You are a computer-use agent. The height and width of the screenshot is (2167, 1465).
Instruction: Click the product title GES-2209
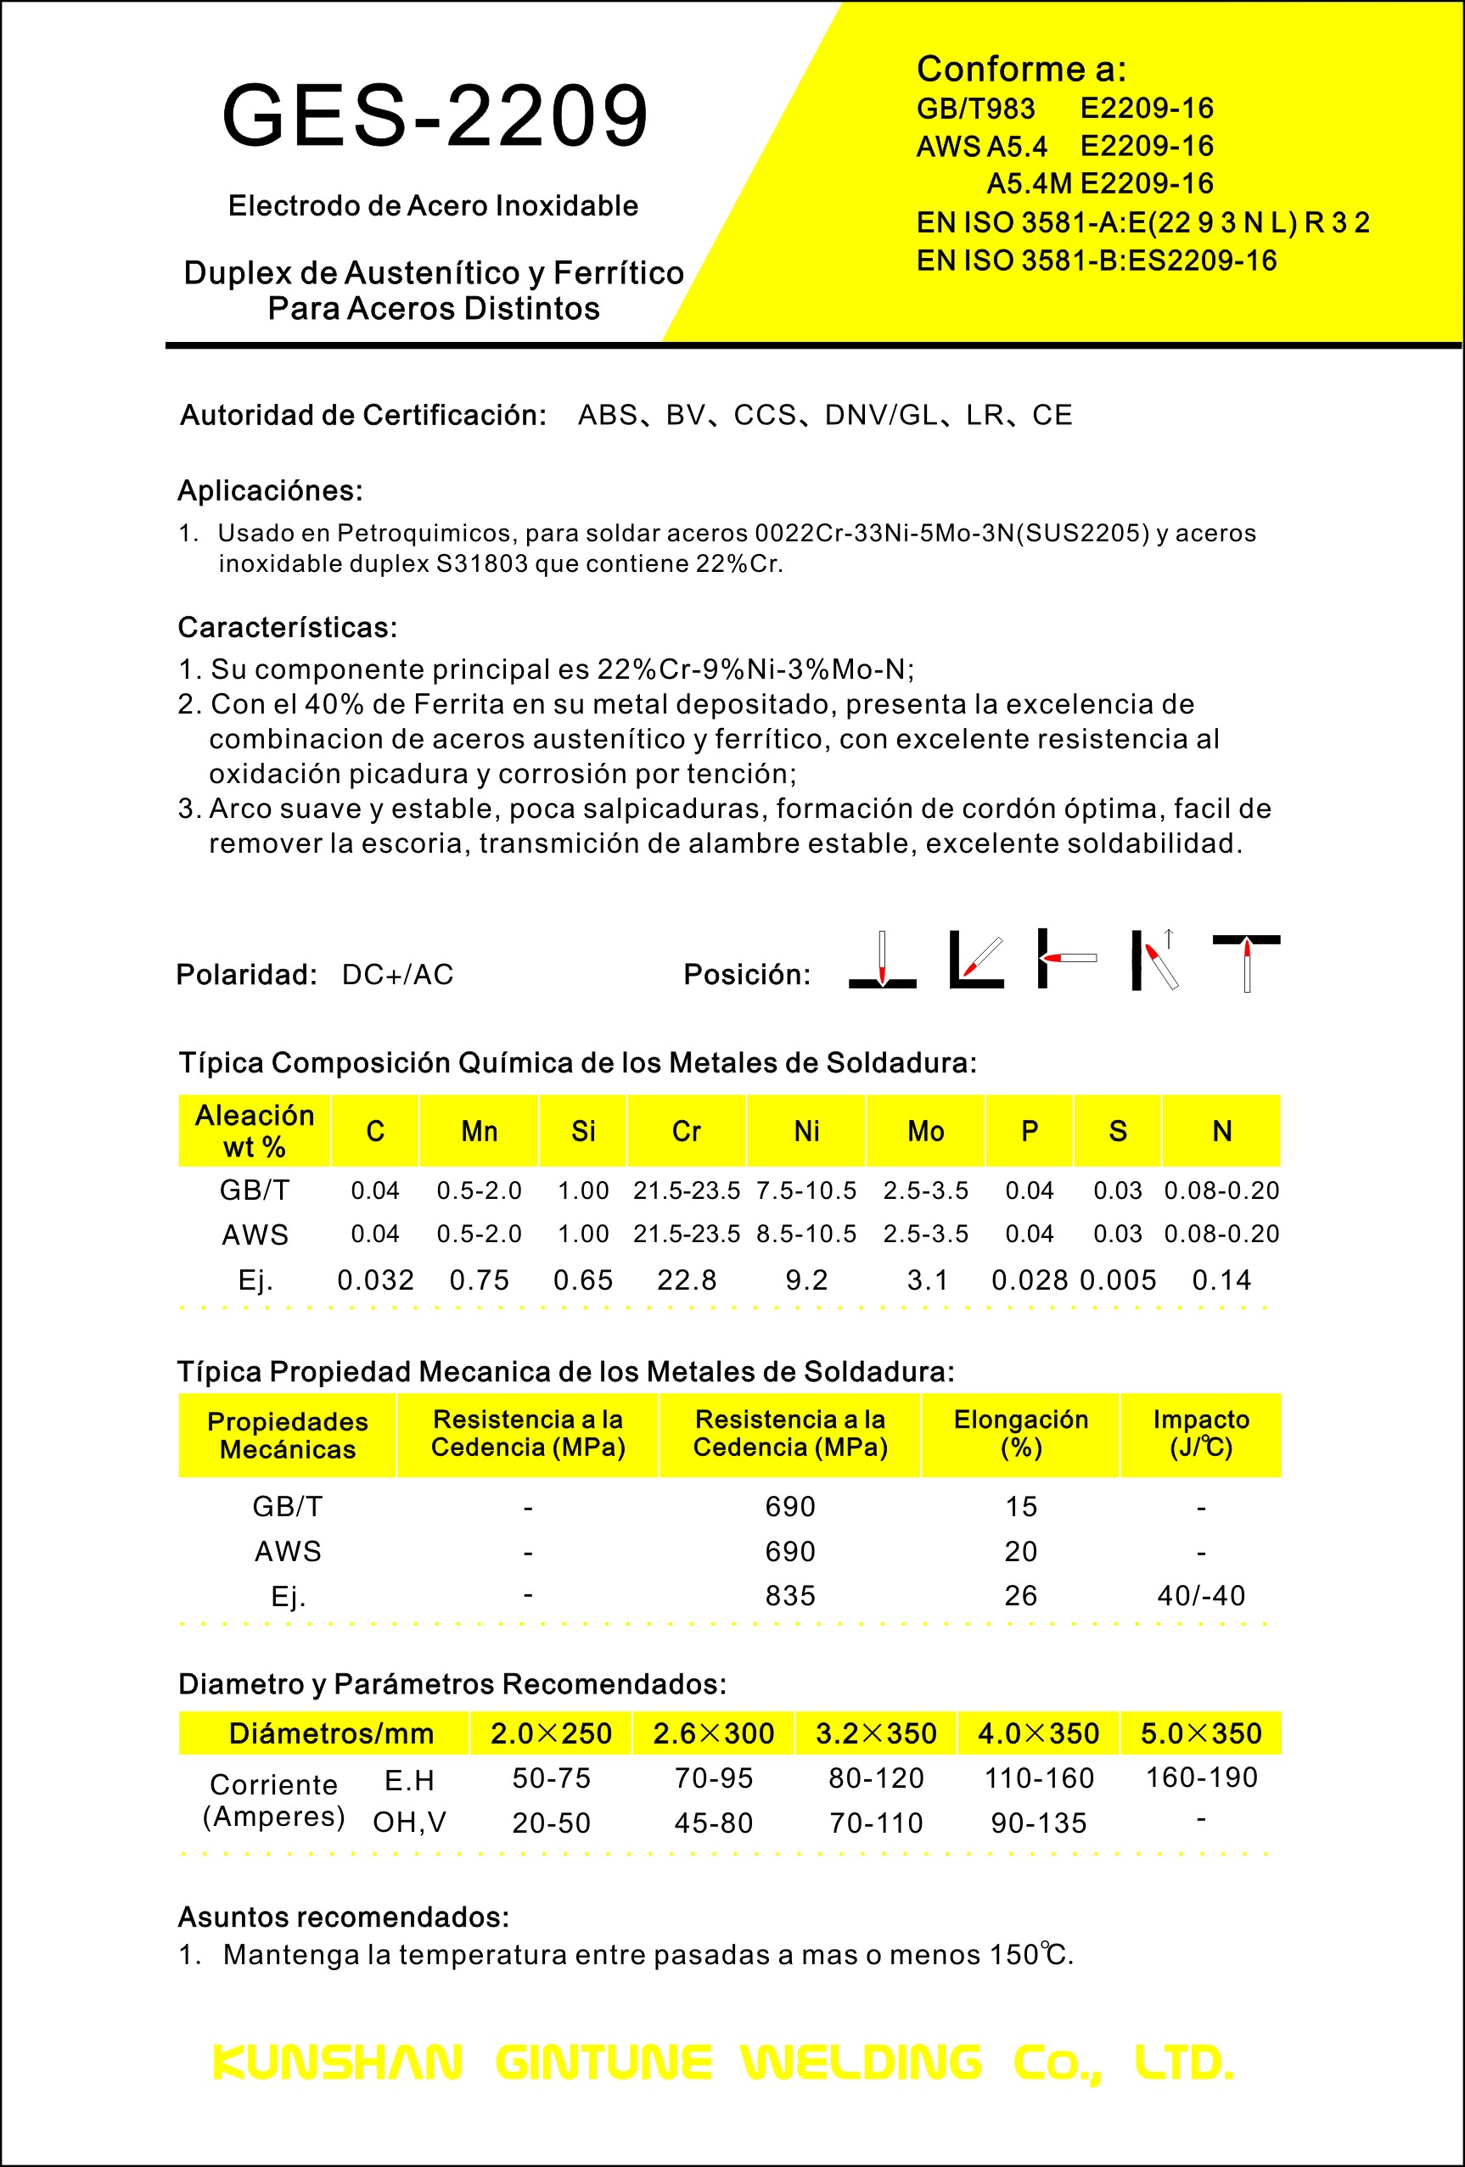[x=435, y=115]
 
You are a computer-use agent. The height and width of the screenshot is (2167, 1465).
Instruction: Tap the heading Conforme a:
[x=1021, y=69]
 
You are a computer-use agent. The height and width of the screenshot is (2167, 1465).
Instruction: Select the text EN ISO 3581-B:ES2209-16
[x=1096, y=260]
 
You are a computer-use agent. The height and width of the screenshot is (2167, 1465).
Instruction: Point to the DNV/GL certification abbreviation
[x=881, y=415]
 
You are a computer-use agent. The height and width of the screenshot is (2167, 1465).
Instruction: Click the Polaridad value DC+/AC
[x=397, y=974]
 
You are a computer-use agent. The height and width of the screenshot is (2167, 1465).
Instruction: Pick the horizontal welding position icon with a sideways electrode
[x=1067, y=958]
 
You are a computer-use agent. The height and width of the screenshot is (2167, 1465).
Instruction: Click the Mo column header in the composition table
[x=925, y=1131]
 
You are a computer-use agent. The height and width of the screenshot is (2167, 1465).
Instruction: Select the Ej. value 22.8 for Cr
[x=687, y=1280]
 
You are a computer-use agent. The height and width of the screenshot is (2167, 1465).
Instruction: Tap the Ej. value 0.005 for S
[x=1117, y=1280]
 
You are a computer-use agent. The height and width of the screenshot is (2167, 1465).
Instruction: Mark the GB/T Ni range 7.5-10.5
[x=805, y=1190]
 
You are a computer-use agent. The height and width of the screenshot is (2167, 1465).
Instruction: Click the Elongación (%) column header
[x=1020, y=1433]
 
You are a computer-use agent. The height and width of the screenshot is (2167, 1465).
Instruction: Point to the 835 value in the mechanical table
[x=790, y=1595]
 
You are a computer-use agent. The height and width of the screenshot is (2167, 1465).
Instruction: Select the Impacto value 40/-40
[x=1200, y=1595]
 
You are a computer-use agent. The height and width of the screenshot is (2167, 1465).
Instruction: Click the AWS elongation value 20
[x=1020, y=1552]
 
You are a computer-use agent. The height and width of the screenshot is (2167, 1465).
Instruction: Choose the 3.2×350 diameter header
[x=876, y=1733]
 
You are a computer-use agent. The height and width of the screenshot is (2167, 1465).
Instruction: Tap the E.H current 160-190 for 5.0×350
[x=1201, y=1778]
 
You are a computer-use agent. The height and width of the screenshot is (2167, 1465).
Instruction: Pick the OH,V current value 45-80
[x=713, y=1823]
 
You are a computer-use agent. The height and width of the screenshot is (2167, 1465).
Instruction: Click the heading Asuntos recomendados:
[x=343, y=1917]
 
